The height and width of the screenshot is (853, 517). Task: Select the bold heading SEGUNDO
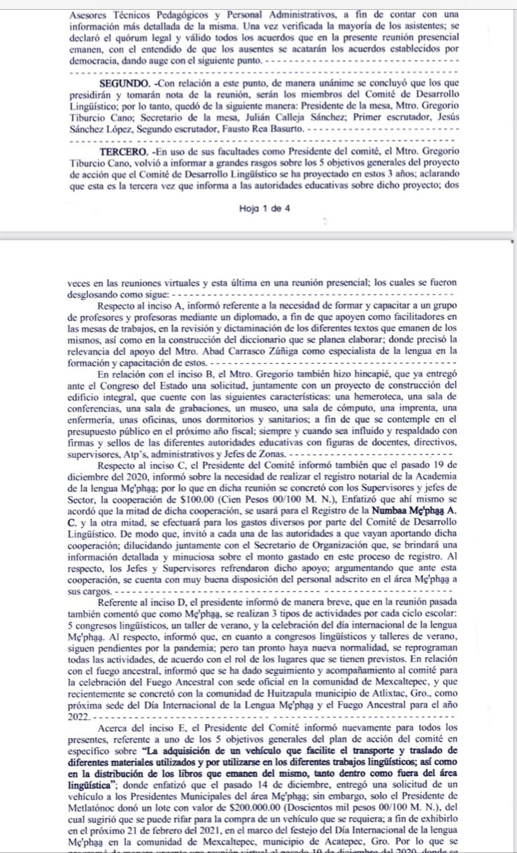tap(122, 83)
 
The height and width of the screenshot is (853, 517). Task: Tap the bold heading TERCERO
tap(122, 151)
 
